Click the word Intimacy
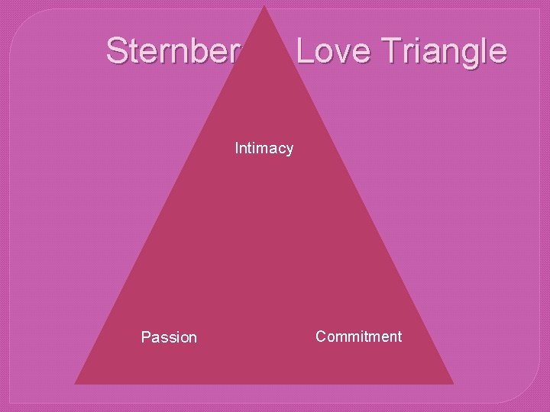(264, 148)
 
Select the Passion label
(169, 337)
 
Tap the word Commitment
(358, 336)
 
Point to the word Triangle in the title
(441, 51)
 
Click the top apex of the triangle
(264, 7)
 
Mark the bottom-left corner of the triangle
(76, 382)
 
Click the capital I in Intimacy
(237, 148)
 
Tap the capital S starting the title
(116, 51)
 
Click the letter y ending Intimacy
(289, 150)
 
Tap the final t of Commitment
(399, 336)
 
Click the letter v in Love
(342, 53)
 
